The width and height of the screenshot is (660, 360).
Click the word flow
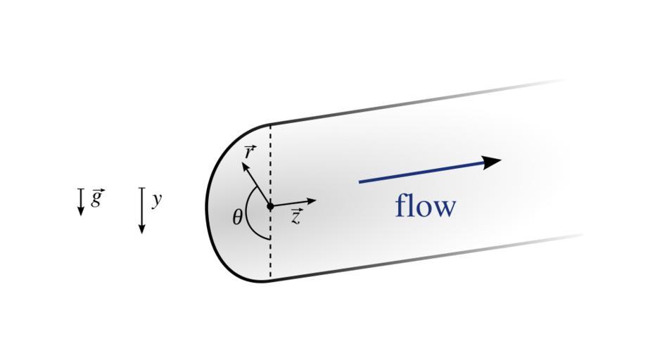pyautogui.click(x=426, y=206)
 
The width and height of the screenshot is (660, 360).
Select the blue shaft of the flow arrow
pyautogui.click(x=422, y=172)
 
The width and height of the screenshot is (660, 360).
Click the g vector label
pyautogui.click(x=97, y=198)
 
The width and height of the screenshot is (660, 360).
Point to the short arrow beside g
pyautogui.click(x=81, y=201)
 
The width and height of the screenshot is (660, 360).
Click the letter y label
pyautogui.click(x=156, y=199)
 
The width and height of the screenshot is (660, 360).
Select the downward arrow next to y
pyautogui.click(x=141, y=210)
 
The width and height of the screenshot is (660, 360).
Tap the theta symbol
pyautogui.click(x=238, y=217)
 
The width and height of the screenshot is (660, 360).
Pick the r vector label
pyautogui.click(x=249, y=151)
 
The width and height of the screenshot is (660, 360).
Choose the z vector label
pyautogui.click(x=296, y=217)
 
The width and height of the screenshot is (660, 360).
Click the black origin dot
pyautogui.click(x=270, y=206)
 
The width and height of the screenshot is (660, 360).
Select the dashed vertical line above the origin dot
pyautogui.click(x=270, y=165)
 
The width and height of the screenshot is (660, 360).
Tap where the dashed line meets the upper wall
pyautogui.click(x=270, y=125)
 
